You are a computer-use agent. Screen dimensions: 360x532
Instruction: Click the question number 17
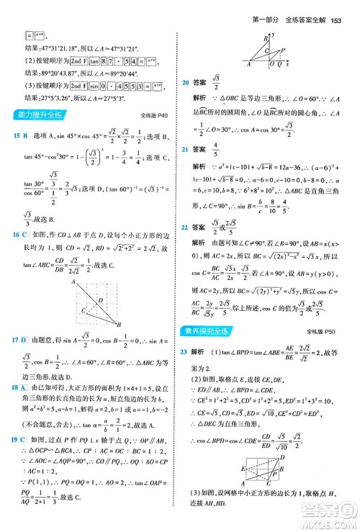(15, 339)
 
